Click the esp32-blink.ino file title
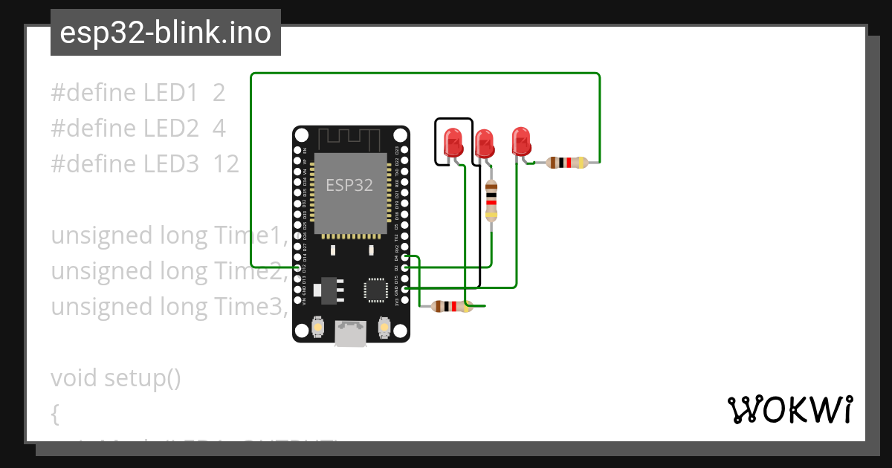pyautogui.click(x=165, y=33)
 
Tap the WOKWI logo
pyautogui.click(x=789, y=409)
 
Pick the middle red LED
pyautogui.click(x=484, y=142)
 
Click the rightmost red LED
pyautogui.click(x=521, y=140)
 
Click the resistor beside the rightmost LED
pyautogui.click(x=567, y=163)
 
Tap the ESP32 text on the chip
pyautogui.click(x=349, y=185)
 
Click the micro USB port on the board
pyautogui.click(x=350, y=334)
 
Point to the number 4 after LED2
pyautogui.click(x=219, y=129)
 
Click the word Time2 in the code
pyautogui.click(x=250, y=271)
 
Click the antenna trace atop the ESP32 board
pyautogui.click(x=350, y=138)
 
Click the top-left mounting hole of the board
pyautogui.click(x=300, y=135)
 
